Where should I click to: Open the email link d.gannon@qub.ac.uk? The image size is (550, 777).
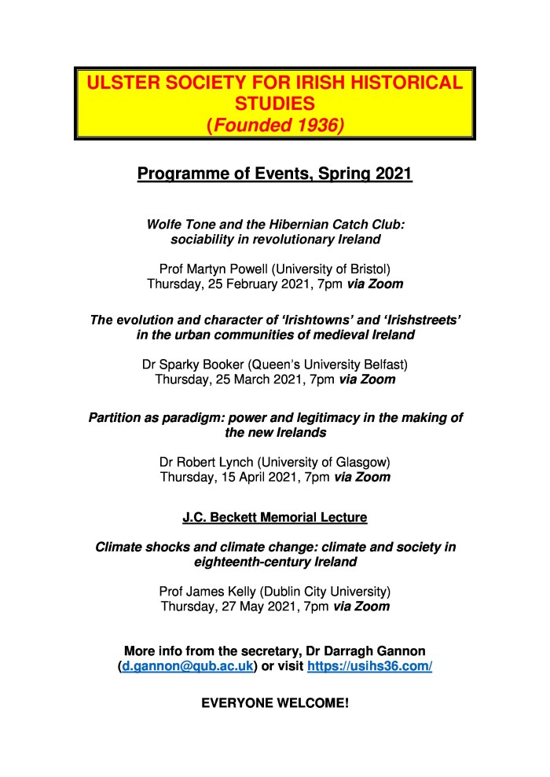[187, 666]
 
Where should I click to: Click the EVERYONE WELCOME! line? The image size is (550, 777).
[275, 703]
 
